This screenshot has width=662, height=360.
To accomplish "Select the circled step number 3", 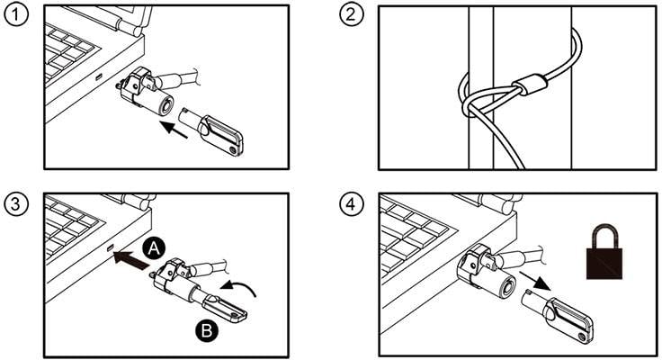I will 15,202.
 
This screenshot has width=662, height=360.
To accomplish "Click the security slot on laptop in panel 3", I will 110,247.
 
